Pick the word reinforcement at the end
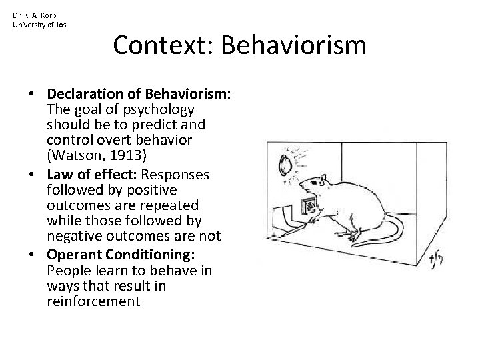point(93,302)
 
